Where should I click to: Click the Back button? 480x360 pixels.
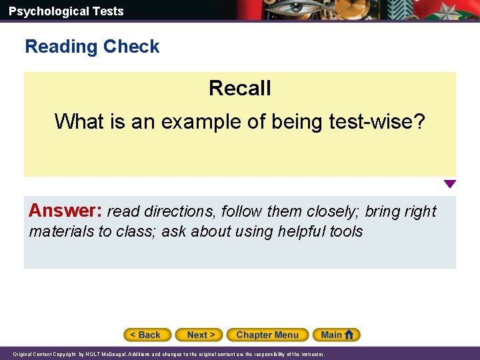click(x=147, y=335)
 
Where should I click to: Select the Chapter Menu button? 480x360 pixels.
click(x=267, y=335)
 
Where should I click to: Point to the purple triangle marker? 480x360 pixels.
click(x=450, y=184)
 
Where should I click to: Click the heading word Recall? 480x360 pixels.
click(x=240, y=88)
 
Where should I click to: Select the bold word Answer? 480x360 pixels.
click(x=65, y=211)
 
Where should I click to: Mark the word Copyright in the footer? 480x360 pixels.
click(x=64, y=354)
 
